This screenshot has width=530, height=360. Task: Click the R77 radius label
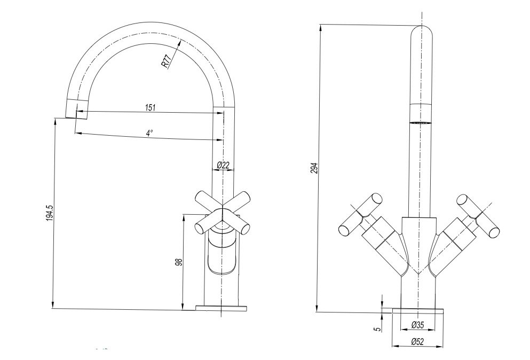(167, 61)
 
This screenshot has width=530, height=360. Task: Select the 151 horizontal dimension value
(150, 107)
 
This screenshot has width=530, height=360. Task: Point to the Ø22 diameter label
(223, 165)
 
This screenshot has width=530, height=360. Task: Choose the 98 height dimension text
(179, 262)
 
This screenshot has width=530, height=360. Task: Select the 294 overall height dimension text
(314, 168)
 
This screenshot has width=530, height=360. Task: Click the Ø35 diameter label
(418, 324)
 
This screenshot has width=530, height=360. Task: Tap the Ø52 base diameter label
(418, 342)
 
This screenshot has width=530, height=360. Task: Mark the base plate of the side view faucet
(222, 308)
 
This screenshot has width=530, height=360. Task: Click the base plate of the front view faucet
(418, 310)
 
